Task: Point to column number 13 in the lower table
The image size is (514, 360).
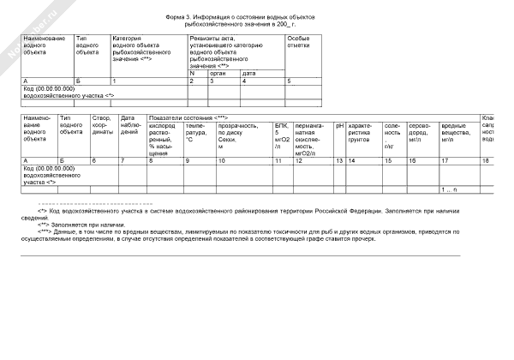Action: tap(339, 160)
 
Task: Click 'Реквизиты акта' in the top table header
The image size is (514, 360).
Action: tap(214, 39)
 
